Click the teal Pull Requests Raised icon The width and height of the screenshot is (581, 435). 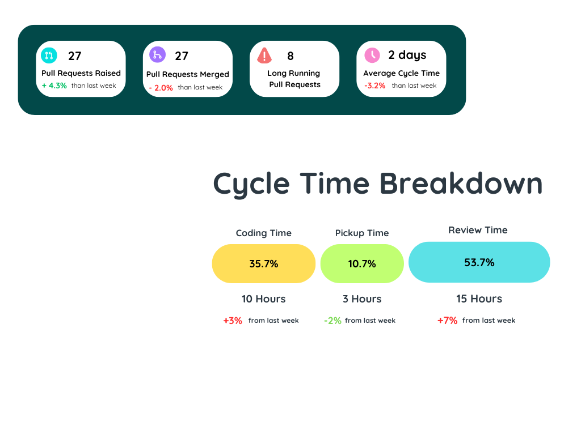[x=49, y=55]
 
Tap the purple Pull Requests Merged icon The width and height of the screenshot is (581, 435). [x=157, y=55]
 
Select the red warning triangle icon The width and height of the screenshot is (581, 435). [x=264, y=56]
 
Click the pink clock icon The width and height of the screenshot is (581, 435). [x=372, y=55]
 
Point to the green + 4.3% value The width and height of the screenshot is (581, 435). [x=54, y=86]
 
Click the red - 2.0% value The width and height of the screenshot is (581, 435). [x=161, y=88]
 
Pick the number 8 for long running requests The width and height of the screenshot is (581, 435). [x=290, y=56]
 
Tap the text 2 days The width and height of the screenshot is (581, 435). [x=407, y=55]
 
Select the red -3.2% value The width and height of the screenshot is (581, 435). [x=374, y=86]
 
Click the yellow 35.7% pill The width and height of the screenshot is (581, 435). [x=264, y=264]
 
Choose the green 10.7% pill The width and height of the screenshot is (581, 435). [x=362, y=264]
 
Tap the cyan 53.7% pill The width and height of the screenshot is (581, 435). [x=479, y=262]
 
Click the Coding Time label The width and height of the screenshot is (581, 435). [x=264, y=233]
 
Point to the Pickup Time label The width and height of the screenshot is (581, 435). [x=362, y=233]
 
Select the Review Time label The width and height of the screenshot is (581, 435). [x=478, y=230]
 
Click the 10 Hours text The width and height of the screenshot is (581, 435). [x=264, y=299]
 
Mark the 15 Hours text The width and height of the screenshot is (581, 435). [x=479, y=299]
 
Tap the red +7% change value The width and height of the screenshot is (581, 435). [x=447, y=321]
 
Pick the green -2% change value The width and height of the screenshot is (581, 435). [x=332, y=321]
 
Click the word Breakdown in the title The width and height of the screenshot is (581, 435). [x=461, y=184]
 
